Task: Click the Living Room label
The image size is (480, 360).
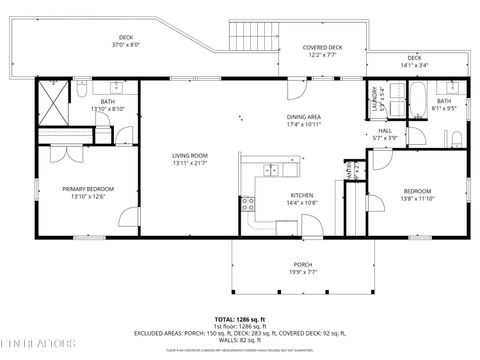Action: tap(188, 155)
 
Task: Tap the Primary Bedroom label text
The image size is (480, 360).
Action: tap(88, 189)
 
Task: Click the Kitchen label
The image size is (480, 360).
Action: tap(302, 195)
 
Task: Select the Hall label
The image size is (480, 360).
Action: tap(384, 130)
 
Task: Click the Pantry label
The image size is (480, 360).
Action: tap(349, 173)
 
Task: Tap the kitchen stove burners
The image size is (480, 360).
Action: tap(246, 205)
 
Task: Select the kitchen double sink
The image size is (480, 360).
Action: tap(271, 169)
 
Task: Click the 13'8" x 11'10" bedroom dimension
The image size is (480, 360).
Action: tap(417, 199)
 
